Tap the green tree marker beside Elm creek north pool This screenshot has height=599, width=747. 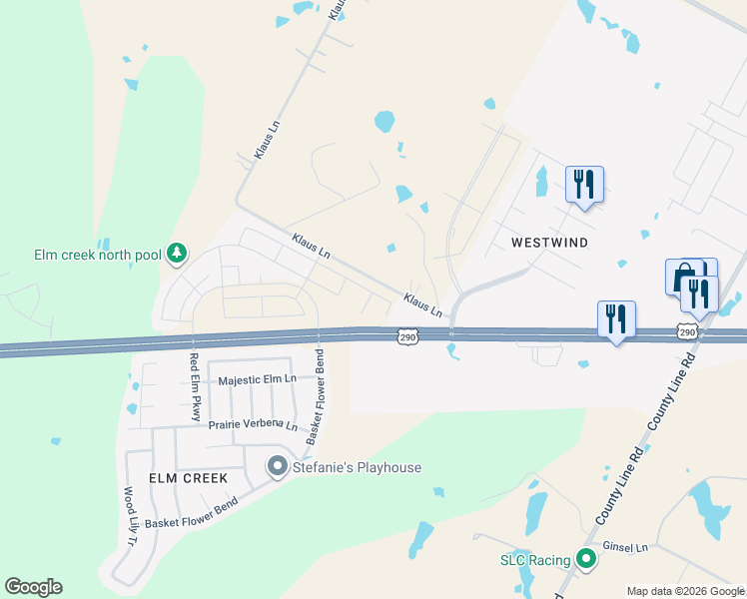point(177,254)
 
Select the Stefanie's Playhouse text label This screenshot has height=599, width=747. point(357,467)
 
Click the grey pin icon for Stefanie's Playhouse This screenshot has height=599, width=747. point(278,466)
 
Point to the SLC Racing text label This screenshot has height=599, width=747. point(535,560)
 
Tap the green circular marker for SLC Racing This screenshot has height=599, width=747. point(586,560)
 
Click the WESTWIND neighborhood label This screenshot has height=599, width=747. point(549,243)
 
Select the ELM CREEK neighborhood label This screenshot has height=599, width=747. point(189,478)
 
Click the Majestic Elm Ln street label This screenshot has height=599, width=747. point(258,379)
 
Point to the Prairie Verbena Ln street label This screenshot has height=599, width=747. point(253,425)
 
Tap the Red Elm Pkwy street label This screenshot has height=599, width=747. point(196,386)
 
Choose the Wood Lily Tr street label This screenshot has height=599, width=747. point(130,517)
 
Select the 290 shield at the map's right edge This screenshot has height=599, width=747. point(686,330)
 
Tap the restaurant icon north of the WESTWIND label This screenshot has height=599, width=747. point(584,185)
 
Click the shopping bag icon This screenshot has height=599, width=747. point(682,276)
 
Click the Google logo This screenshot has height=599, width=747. point(33,587)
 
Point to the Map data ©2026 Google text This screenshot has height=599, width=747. point(684,591)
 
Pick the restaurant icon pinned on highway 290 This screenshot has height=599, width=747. point(616,319)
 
